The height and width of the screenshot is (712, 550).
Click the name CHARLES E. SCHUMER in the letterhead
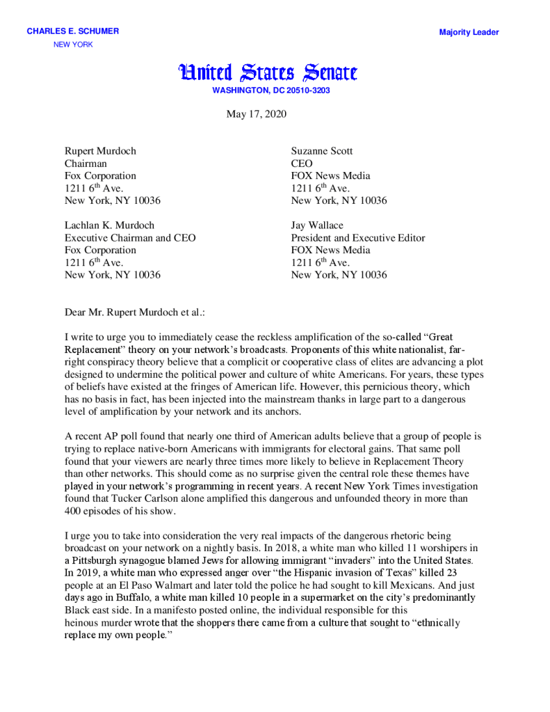pyautogui.click(x=72, y=31)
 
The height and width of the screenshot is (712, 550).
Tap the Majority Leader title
pyautogui.click(x=469, y=32)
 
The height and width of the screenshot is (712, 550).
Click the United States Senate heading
pyautogui.click(x=268, y=72)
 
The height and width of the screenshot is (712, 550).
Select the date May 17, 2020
pyautogui.click(x=256, y=114)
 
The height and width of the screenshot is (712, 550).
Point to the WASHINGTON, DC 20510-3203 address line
pyautogui.click(x=271, y=90)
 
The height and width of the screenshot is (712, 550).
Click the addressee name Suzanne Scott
pyautogui.click(x=322, y=151)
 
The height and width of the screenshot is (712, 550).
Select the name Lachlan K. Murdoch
pyautogui.click(x=109, y=226)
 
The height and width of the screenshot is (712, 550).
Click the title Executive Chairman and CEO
pyautogui.click(x=130, y=238)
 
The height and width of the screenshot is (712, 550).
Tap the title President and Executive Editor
pyautogui.click(x=358, y=238)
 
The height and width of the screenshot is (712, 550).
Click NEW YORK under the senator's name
pyautogui.click(x=73, y=45)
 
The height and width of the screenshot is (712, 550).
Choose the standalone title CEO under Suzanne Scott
pyautogui.click(x=302, y=164)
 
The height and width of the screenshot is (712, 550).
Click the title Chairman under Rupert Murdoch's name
pyautogui.click(x=86, y=164)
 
